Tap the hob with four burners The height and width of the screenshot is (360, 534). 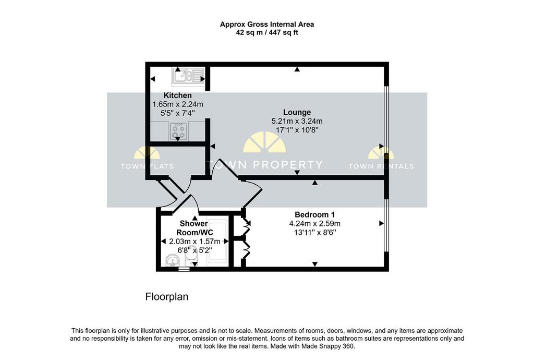click(x=178, y=131)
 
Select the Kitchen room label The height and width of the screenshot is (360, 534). click(x=177, y=95)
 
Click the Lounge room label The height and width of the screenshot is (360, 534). click(x=297, y=112)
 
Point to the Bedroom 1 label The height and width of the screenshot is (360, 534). click(x=314, y=214)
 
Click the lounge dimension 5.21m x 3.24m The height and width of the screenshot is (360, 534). click(x=297, y=121)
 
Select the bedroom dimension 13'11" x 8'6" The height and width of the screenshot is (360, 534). click(x=314, y=232)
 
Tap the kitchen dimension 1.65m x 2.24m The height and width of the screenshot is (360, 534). click(x=178, y=104)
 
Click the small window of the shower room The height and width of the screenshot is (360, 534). click(x=184, y=269)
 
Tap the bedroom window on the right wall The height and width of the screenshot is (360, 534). click(x=386, y=225)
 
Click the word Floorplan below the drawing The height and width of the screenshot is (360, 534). click(x=167, y=297)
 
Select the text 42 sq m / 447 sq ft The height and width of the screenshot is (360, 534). click(x=267, y=33)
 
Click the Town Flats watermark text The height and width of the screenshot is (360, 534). click(x=147, y=166)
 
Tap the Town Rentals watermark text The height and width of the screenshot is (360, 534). click(x=381, y=166)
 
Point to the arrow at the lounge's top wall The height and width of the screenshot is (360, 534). click(x=297, y=69)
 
